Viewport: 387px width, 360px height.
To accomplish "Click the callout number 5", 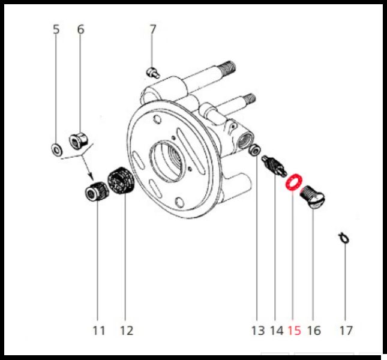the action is pos(56,29).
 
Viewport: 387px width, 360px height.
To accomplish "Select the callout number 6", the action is pos(81,29).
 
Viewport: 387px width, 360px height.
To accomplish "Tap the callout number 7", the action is pos(153,29).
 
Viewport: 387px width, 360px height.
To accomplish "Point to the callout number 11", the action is pos(99,331).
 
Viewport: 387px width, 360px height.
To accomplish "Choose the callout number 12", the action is pos(127,331).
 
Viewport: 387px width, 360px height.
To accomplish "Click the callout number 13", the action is pos(258,331).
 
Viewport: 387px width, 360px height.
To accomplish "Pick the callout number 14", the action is pos(277,331).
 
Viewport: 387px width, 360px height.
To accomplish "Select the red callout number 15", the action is pos(295,331).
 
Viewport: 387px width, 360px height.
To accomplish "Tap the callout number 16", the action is pos(314,331).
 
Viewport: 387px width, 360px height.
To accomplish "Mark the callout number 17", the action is pos(346,331).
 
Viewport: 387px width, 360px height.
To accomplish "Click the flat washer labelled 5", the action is pos(56,149).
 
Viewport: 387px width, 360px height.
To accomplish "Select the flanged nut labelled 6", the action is pos(78,141).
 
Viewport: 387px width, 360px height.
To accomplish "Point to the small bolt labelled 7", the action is pos(153,73).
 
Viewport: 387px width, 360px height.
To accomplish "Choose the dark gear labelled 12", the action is pos(121,181).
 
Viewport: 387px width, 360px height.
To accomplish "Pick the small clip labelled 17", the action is pos(344,238).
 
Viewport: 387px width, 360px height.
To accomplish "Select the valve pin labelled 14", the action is pos(274,166).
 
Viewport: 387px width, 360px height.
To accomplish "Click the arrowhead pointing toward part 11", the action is pos(91,176).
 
